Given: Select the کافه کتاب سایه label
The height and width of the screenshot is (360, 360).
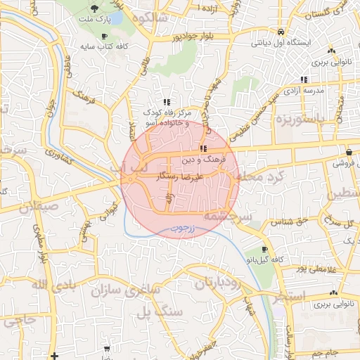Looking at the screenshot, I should (x=105, y=47).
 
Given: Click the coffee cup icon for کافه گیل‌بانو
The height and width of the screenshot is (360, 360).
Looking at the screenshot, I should (x=264, y=249).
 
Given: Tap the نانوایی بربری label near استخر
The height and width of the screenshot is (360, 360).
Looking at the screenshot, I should (x=333, y=305).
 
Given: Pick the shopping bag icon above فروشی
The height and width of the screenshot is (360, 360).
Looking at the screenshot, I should (x=349, y=153).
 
